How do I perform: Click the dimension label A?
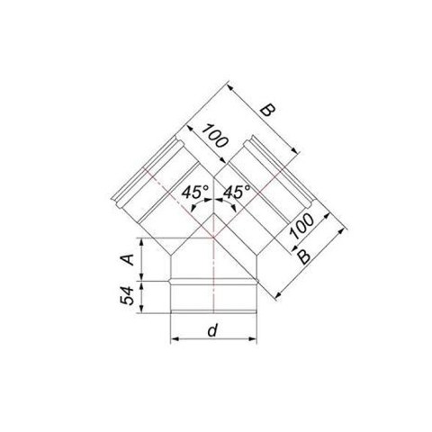(129, 259)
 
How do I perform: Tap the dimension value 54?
(127, 296)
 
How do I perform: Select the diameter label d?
(212, 330)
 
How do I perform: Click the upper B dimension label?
(267, 110)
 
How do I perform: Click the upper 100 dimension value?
(215, 136)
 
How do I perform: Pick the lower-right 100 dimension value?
(302, 226)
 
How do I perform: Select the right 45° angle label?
(237, 192)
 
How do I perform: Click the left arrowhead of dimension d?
(174, 339)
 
